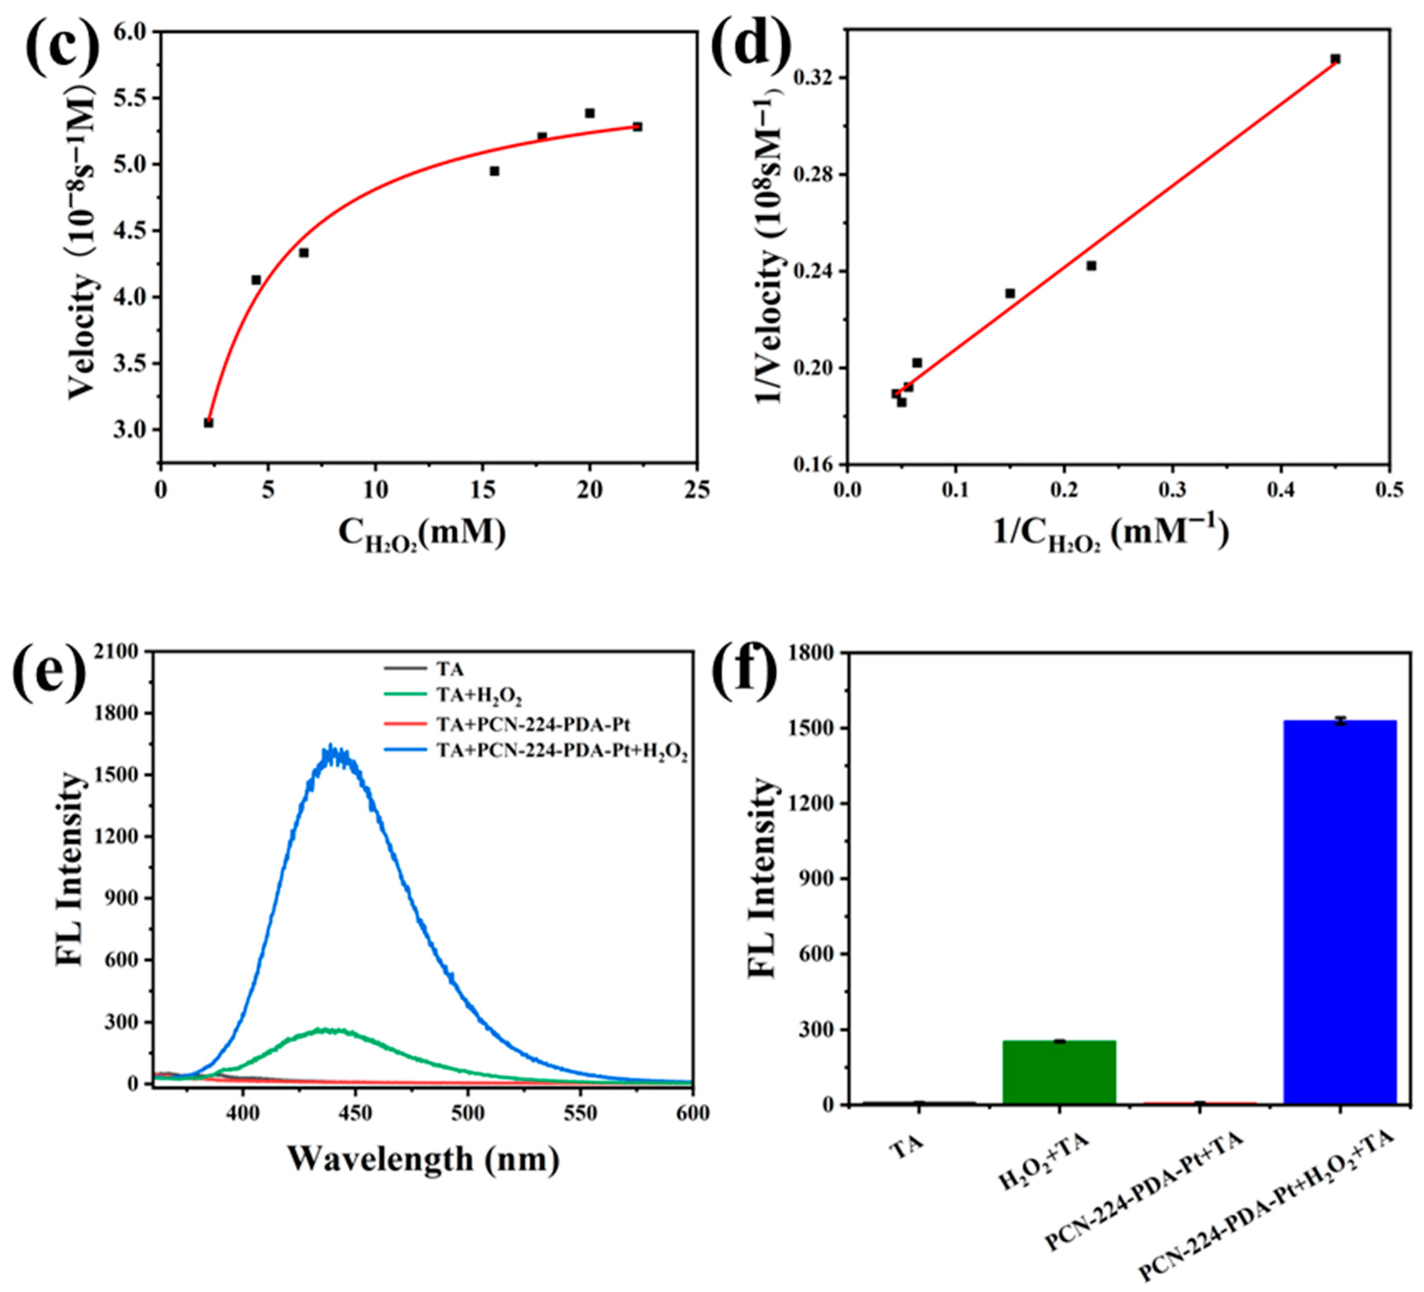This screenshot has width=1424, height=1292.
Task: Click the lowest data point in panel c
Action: pyautogui.click(x=208, y=422)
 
